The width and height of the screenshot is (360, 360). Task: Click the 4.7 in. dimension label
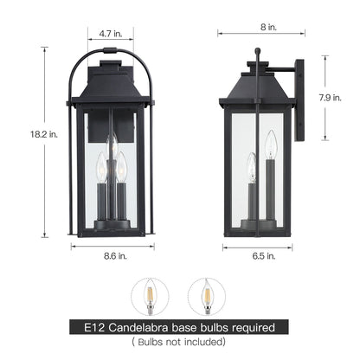(x=111, y=34)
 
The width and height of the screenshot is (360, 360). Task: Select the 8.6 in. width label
(x=111, y=257)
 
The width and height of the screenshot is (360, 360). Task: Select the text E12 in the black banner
(x=95, y=328)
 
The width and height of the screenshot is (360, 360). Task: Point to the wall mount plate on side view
(x=299, y=100)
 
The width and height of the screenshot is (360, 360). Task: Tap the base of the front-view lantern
(x=111, y=231)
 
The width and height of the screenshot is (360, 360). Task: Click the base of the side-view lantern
(x=257, y=232)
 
